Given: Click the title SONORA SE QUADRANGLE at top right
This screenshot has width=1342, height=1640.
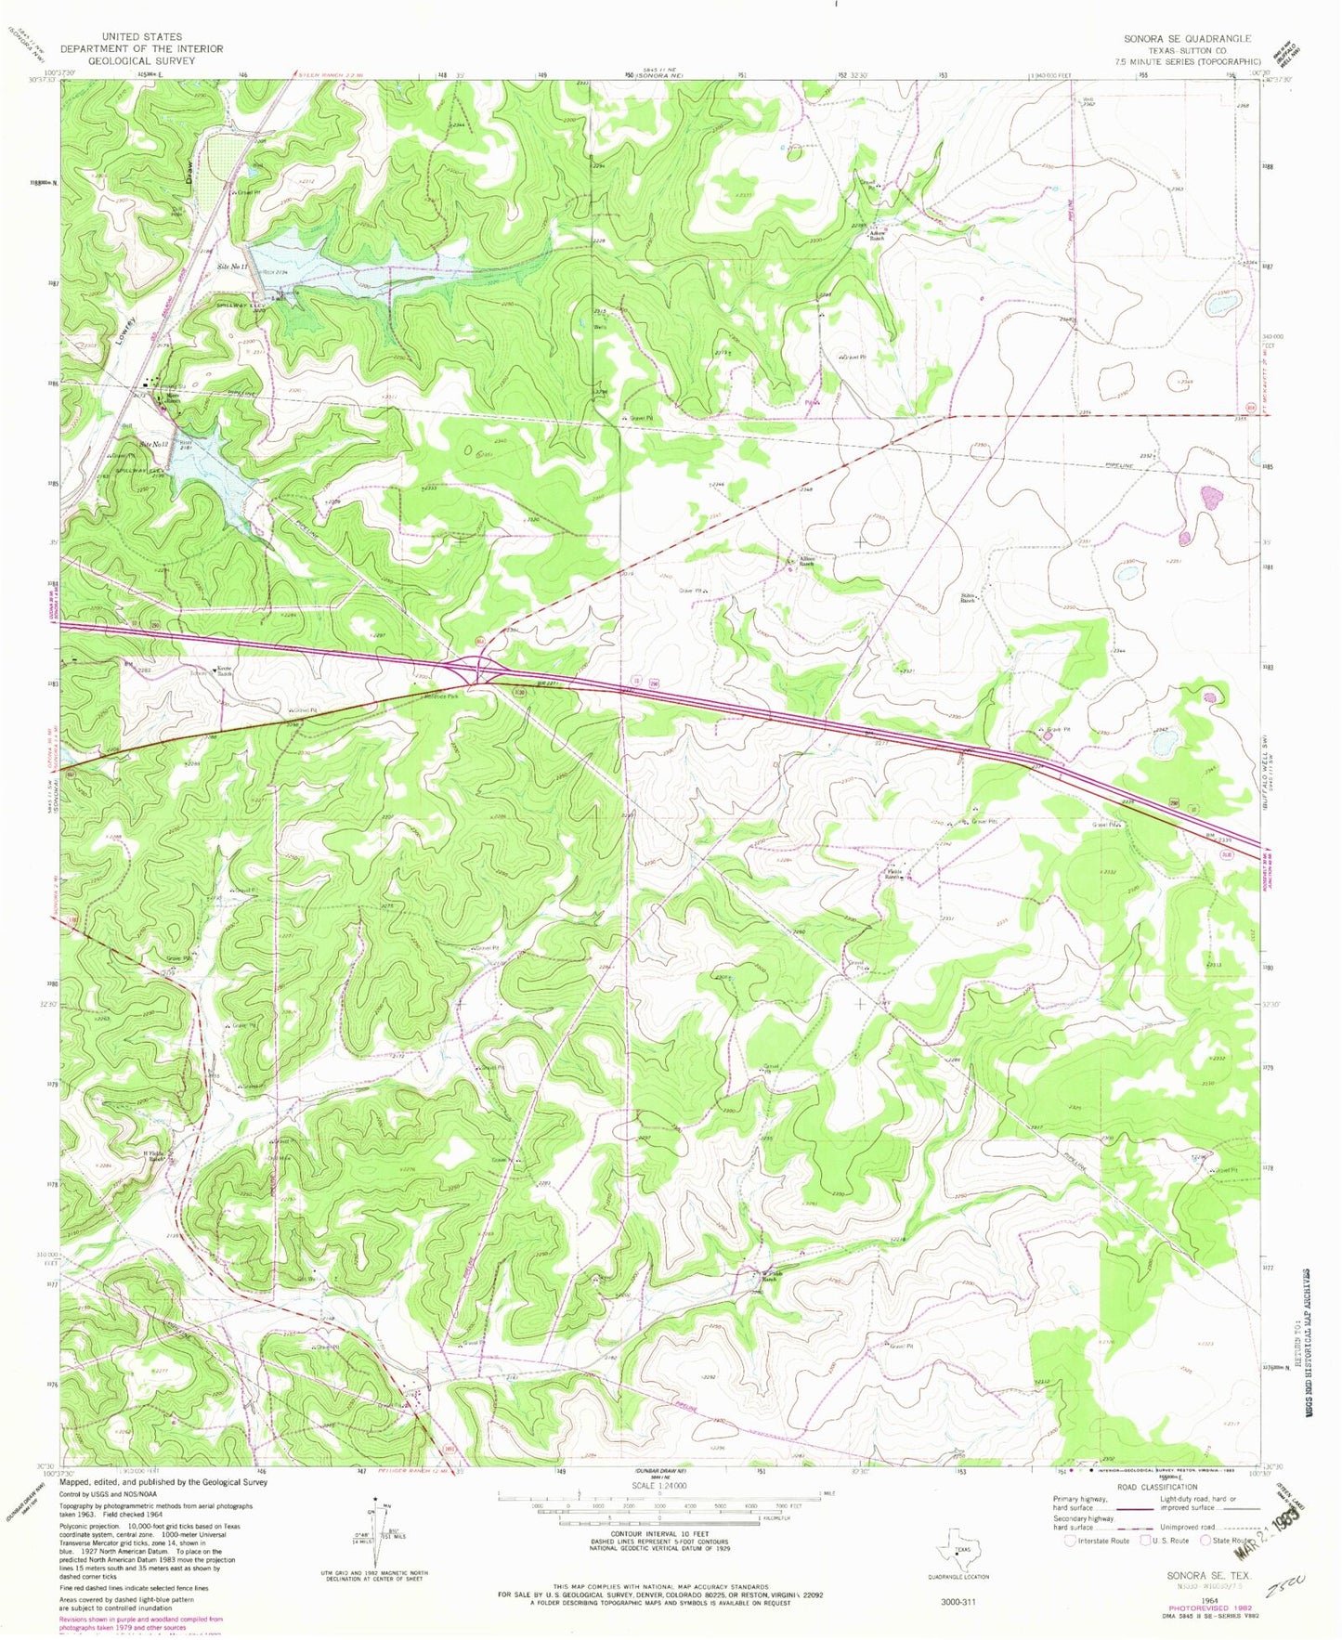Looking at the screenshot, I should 1187,38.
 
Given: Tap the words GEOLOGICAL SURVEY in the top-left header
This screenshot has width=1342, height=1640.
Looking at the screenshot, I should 149,60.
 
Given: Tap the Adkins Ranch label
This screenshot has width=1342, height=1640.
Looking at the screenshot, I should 875,235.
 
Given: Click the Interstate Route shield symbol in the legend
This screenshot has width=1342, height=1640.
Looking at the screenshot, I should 1071,1540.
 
